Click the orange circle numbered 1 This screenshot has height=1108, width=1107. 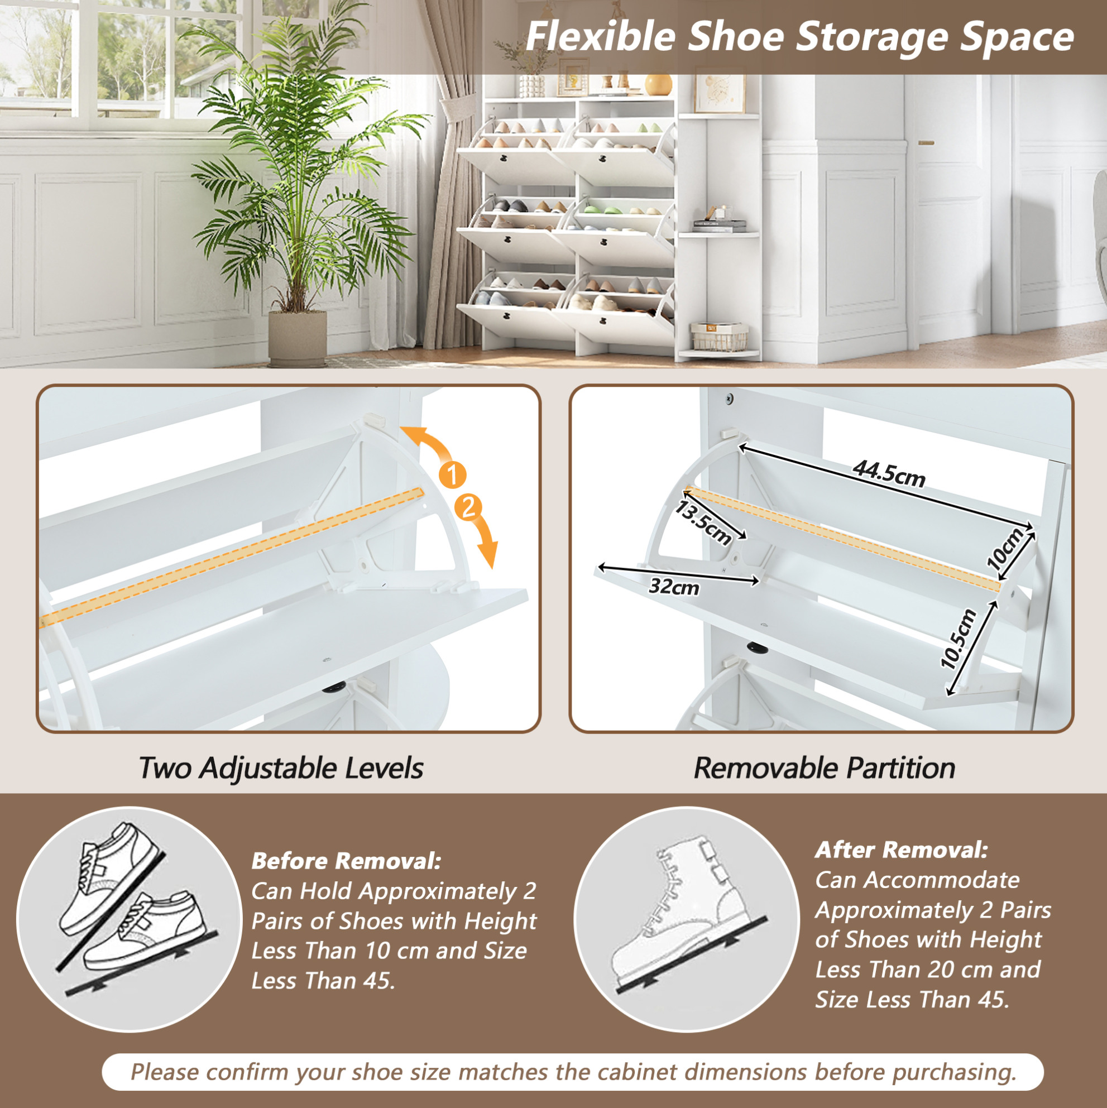[453, 475]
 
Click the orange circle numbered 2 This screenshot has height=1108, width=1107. [468, 507]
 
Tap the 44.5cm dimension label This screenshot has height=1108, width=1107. [889, 474]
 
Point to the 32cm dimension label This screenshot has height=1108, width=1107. [674, 587]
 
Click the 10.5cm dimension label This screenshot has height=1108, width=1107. [959, 639]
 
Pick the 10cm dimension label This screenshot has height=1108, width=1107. [1005, 549]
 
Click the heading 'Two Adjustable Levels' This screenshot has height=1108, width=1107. [281, 768]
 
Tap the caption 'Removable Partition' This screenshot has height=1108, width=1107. [824, 768]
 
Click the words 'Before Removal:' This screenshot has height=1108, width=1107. [347, 860]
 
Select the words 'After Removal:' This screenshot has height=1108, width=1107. [902, 850]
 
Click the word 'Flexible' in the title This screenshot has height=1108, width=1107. [600, 36]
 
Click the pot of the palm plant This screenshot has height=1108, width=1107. [298, 338]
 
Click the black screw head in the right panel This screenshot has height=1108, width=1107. [730, 397]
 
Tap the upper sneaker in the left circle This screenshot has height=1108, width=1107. [109, 877]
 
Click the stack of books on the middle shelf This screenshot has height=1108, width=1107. [720, 226]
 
